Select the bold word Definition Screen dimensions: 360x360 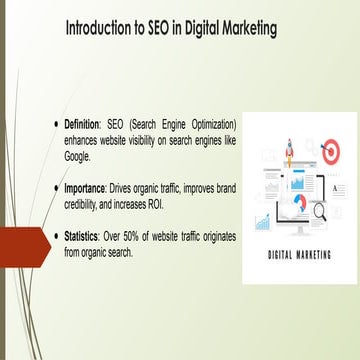coord(83,124)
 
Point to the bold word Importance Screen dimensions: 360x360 coord(85,187)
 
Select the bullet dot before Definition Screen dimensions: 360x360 coord(57,124)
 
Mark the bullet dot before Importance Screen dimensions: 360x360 coord(57,187)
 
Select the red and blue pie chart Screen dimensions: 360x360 coord(299,203)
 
